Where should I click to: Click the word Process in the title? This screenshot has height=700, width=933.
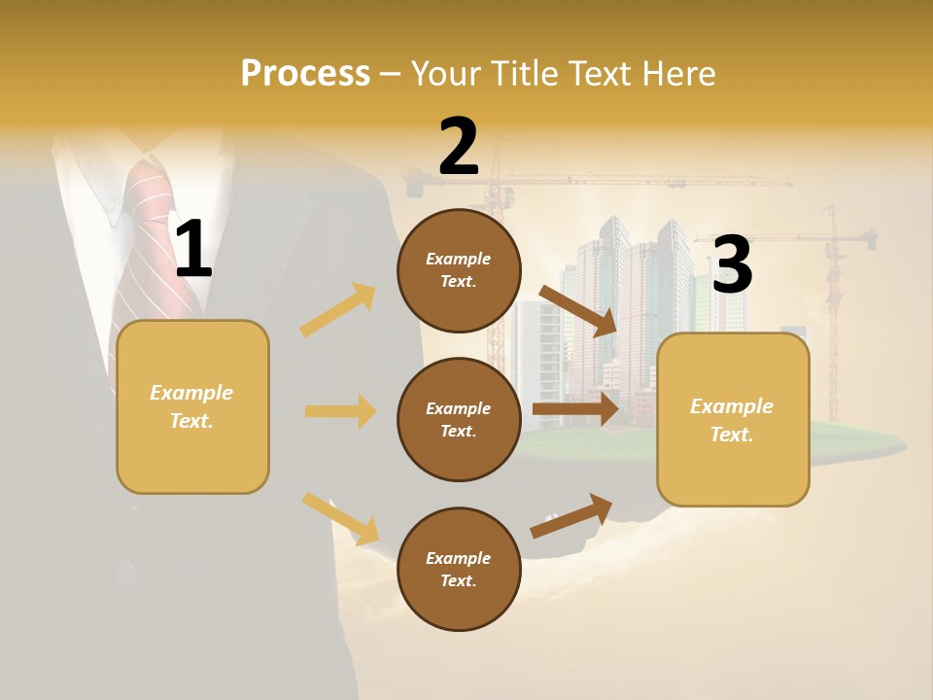[x=305, y=73]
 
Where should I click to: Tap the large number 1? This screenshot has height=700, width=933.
[x=193, y=249]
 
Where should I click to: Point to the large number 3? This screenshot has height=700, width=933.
[x=732, y=264]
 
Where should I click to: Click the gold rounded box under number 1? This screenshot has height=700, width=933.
[x=192, y=406]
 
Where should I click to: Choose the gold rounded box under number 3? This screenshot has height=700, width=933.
[x=733, y=419]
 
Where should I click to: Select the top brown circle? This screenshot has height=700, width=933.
[x=459, y=270]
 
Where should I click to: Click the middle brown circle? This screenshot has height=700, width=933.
[x=459, y=419]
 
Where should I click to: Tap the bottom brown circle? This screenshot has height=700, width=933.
[x=459, y=569]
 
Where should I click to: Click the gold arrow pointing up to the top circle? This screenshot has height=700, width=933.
[x=338, y=310]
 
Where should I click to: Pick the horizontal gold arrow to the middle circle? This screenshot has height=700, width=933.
[x=340, y=411]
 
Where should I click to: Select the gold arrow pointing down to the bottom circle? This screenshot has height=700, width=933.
[x=340, y=518]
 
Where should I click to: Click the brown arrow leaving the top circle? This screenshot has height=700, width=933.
[x=578, y=310]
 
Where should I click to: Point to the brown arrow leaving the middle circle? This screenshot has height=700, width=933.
[x=575, y=409]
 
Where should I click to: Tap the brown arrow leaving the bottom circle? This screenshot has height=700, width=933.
[x=571, y=515]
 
